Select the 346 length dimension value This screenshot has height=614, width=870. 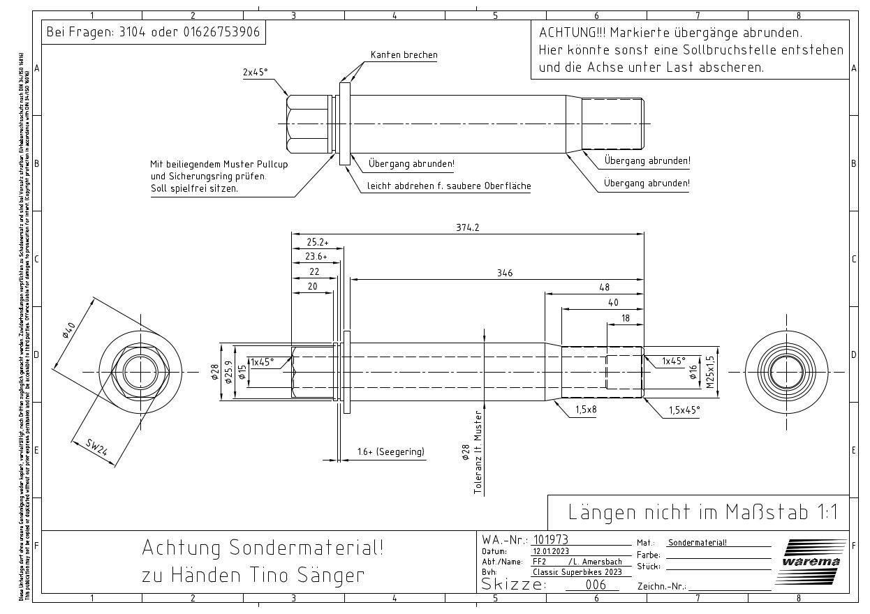pyautogui.click(x=504, y=273)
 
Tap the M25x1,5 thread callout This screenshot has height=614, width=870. pyautogui.click(x=710, y=372)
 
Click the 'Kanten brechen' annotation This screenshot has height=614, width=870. pyautogui.click(x=404, y=55)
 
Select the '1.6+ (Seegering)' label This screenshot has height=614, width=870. pyautogui.click(x=390, y=452)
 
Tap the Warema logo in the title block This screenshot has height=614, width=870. pyautogui.click(x=811, y=561)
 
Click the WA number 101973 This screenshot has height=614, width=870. pyautogui.click(x=550, y=539)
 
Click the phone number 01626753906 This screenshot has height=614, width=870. pyautogui.click(x=222, y=32)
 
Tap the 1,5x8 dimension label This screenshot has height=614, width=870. pyautogui.click(x=585, y=410)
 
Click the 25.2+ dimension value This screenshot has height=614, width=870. pyautogui.click(x=317, y=242)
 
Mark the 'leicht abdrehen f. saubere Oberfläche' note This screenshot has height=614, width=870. pyautogui.click(x=449, y=186)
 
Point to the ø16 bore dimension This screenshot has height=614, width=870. pyautogui.click(x=693, y=372)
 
